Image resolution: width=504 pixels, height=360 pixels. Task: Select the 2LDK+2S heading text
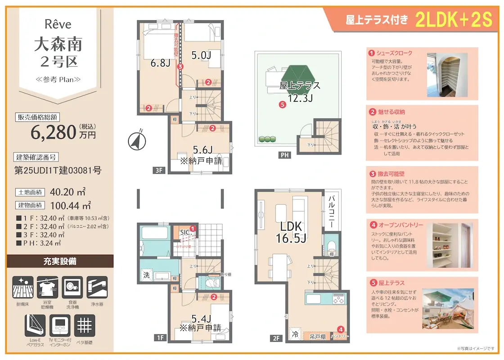pyautogui.click(x=454, y=20)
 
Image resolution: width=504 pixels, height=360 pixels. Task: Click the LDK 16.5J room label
pyautogui.click(x=291, y=232)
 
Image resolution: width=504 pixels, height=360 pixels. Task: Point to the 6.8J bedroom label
pyautogui.click(x=160, y=63)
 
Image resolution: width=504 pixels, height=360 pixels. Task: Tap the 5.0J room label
pyautogui.click(x=201, y=56)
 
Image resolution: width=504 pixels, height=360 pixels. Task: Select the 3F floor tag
pyautogui.click(x=158, y=171)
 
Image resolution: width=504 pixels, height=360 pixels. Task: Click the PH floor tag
pyautogui.click(x=284, y=155)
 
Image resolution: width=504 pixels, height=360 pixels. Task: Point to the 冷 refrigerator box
pyautogui.click(x=295, y=334)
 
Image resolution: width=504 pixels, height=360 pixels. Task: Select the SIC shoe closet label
pyautogui.click(x=184, y=232)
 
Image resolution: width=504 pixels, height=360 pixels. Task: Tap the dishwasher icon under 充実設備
pyautogui.click(x=72, y=287)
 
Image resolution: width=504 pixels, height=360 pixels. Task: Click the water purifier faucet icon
pyautogui.click(x=97, y=287)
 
